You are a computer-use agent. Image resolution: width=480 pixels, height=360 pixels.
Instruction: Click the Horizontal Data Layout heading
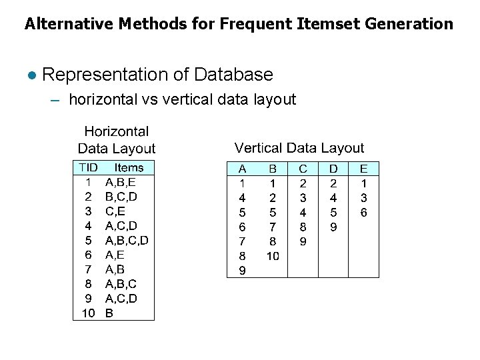[x=117, y=140]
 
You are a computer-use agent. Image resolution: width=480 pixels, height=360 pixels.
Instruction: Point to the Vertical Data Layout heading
[x=299, y=148]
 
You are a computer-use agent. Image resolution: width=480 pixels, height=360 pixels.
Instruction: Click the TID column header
[x=88, y=167]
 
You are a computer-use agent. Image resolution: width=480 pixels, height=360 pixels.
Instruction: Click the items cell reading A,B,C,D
[x=127, y=240]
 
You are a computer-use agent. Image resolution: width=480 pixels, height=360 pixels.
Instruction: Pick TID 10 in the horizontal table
[x=88, y=313]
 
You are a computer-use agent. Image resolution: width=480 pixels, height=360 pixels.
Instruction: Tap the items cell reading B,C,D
[x=121, y=196]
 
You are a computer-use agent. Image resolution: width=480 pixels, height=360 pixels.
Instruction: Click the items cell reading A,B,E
[x=121, y=181]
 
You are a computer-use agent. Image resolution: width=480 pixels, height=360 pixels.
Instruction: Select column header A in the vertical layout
[x=243, y=169]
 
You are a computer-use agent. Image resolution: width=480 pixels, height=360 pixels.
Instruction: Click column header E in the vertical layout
[x=363, y=169]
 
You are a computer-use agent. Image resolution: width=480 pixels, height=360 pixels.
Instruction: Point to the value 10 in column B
[x=273, y=256]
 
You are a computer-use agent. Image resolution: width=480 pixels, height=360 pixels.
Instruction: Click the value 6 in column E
[x=363, y=213]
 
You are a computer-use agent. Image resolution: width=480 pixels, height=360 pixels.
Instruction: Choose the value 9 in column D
[x=333, y=227]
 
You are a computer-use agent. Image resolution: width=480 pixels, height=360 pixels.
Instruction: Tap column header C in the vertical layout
[x=303, y=169]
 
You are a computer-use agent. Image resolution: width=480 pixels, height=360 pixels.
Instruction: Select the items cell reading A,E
[x=115, y=255]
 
